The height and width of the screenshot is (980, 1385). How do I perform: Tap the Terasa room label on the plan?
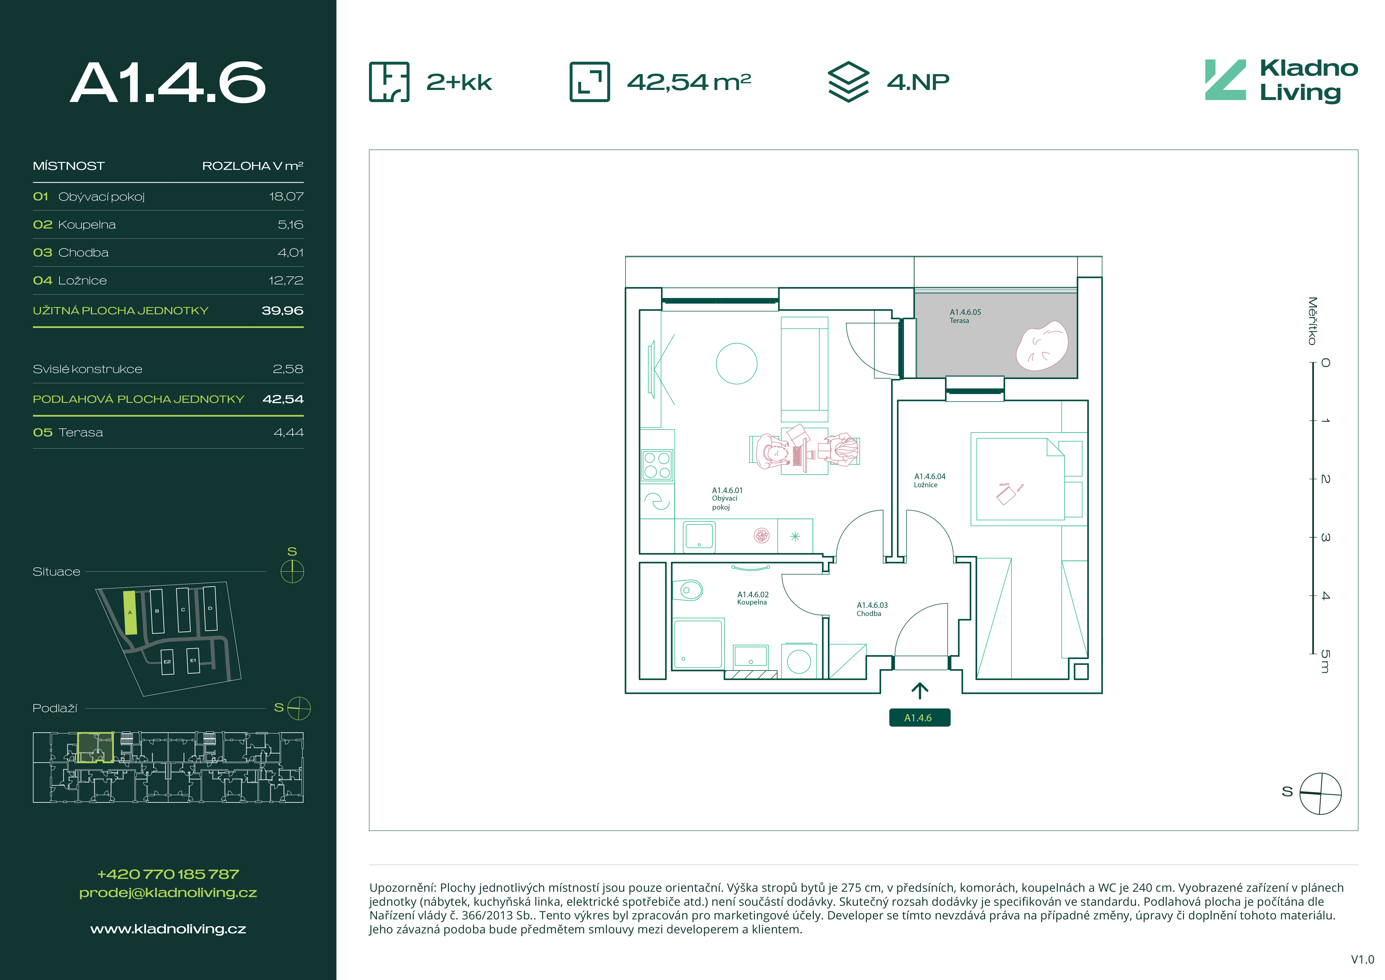coord(965,316)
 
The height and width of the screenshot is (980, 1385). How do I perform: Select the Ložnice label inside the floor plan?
coord(930,480)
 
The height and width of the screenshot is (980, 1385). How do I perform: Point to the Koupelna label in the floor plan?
coord(753,598)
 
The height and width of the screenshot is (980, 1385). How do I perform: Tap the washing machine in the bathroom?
coord(799,661)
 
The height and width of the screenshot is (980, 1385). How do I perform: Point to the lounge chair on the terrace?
coord(1042,345)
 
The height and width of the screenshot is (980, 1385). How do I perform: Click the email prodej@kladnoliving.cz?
coord(168,893)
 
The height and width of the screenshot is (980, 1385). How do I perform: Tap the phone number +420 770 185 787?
coord(168,874)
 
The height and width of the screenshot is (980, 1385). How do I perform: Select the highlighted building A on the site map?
coord(130,612)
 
